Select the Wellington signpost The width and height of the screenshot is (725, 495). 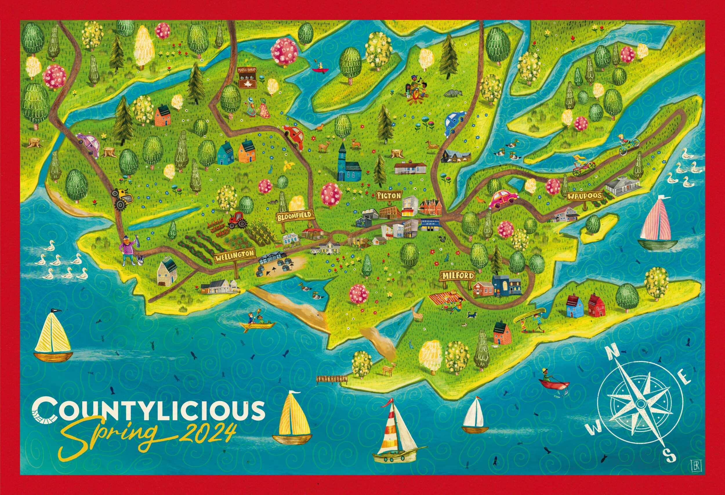pos(235,255)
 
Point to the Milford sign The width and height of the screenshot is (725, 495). pos(457,276)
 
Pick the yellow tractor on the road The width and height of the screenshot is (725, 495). pos(122,198)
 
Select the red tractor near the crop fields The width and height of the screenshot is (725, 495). pos(238,219)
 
